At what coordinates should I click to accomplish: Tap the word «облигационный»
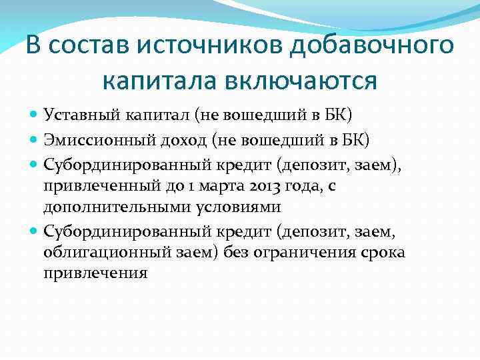104,253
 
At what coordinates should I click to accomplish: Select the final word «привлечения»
95,274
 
